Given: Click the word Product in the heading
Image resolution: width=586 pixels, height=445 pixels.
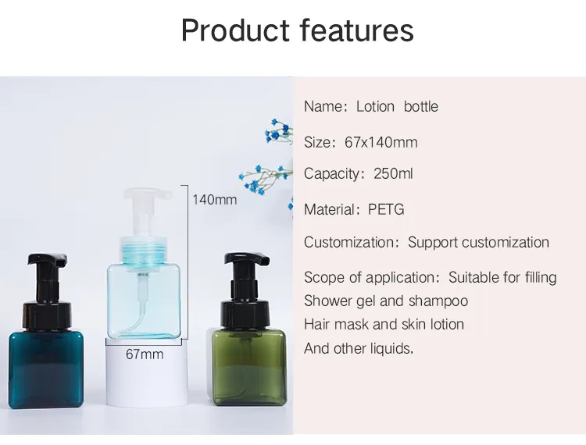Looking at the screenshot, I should click(x=235, y=30).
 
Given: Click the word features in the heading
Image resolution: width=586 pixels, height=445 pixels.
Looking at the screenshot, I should click(x=356, y=30).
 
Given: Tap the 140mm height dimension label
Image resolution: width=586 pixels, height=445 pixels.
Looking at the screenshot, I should click(x=214, y=200).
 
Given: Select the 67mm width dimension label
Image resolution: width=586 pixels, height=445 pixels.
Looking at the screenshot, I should click(x=145, y=354).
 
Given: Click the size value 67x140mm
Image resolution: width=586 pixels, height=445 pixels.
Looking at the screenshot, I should click(x=381, y=142).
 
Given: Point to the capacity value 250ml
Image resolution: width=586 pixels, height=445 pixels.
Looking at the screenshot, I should click(x=393, y=173).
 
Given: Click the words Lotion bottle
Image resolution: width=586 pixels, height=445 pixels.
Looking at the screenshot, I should click(x=397, y=106).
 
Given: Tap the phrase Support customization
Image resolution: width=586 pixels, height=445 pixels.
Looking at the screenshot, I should click(x=478, y=242).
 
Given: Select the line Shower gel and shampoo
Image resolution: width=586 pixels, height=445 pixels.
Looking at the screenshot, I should click(x=386, y=301).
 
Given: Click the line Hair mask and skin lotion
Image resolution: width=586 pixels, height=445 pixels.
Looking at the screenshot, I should click(x=384, y=324).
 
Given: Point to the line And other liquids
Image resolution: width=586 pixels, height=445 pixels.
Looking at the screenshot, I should click(x=359, y=348).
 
